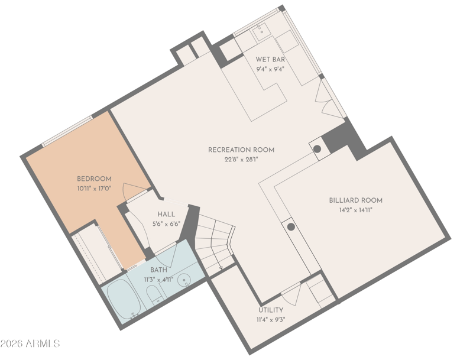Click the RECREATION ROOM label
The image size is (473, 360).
click(241, 150)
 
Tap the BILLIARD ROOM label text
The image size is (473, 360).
click(356, 200)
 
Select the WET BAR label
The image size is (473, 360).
click(270, 59)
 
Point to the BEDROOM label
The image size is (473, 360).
click(94, 179)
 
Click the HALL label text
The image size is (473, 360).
click(166, 215)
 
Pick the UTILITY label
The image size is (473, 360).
click(271, 310)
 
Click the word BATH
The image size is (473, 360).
click(158, 270)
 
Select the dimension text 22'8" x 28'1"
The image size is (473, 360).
click(241, 160)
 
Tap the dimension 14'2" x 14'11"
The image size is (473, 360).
click(356, 210)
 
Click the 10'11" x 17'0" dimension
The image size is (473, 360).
click(94, 189)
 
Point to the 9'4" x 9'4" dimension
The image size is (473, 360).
click(270, 69)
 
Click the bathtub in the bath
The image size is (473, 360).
click(124, 299)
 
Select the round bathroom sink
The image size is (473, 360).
click(184, 281)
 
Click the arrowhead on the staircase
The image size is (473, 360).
click(221, 267)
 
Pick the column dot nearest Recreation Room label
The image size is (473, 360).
click(317, 149)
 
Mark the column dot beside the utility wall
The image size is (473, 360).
click(291, 227)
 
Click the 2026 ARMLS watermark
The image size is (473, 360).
click(30, 343)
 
